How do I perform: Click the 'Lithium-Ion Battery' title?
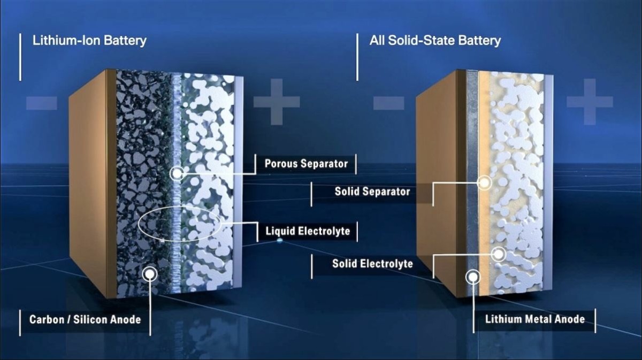(89, 41)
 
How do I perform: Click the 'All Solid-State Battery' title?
(435, 41)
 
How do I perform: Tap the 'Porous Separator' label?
(306, 164)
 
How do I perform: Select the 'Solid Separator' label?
(372, 192)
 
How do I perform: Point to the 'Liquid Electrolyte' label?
(308, 231)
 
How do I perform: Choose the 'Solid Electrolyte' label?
(372, 263)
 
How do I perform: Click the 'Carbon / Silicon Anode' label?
(85, 319)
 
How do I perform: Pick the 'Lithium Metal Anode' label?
(534, 319)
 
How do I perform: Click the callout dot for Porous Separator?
(177, 173)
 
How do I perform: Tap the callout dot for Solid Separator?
(485, 183)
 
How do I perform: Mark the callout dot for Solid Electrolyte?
(499, 254)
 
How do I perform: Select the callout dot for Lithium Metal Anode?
(473, 277)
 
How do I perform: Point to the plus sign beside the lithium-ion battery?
(277, 102)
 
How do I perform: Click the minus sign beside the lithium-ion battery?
(41, 103)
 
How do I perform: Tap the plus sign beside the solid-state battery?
(590, 102)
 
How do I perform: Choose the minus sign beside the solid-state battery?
(389, 103)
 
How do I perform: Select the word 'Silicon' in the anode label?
(91, 319)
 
